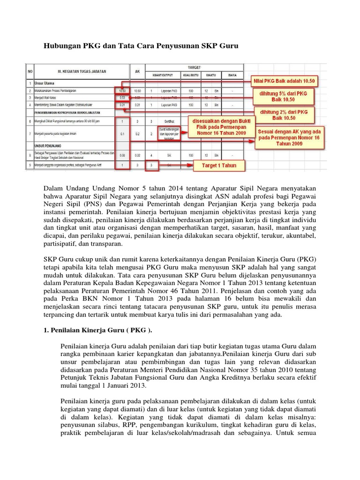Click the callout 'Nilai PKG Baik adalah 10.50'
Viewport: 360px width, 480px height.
click(285, 81)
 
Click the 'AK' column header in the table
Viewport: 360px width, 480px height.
click(137, 71)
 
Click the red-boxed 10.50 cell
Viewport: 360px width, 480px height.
click(121, 90)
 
